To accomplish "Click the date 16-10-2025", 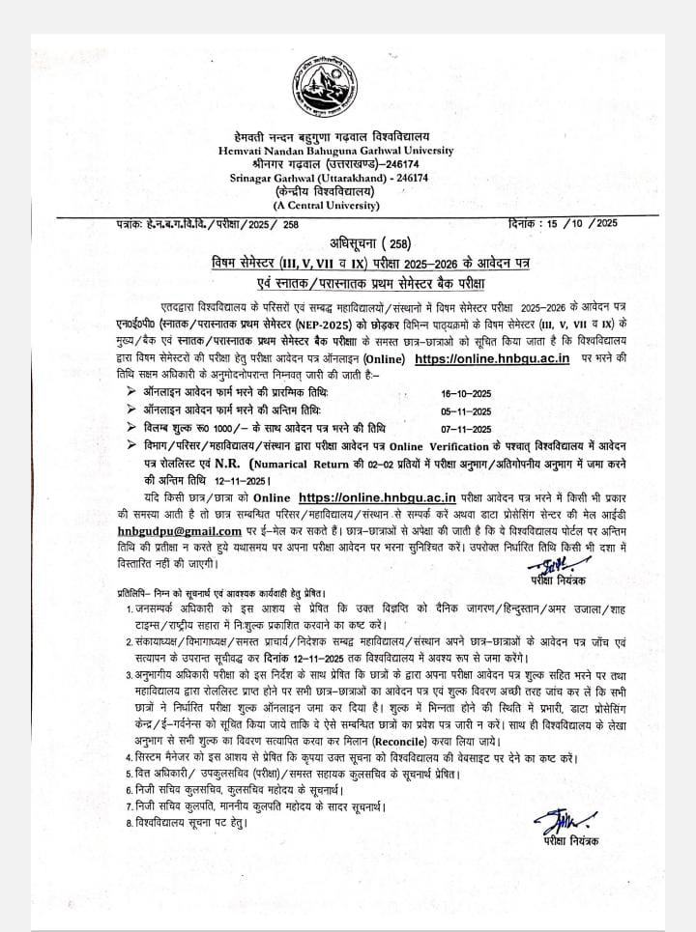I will (x=465, y=393).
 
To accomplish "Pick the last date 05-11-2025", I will (x=465, y=410).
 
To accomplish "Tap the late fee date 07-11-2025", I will (x=465, y=428).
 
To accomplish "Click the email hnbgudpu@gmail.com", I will (x=178, y=530).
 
